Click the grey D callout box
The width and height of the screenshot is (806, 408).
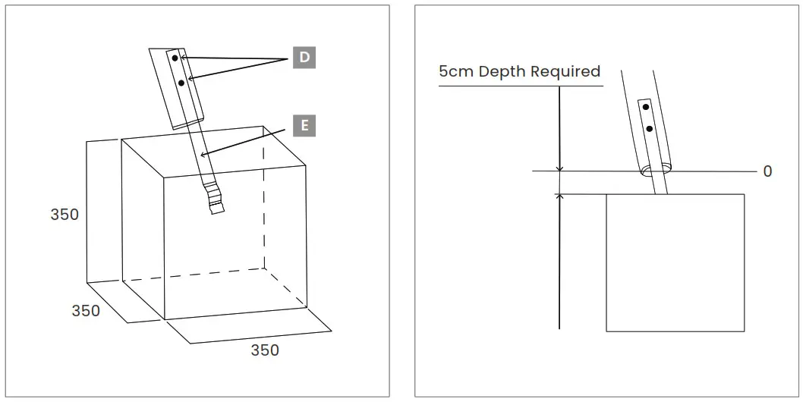(304, 58)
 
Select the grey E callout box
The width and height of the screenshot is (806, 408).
(304, 125)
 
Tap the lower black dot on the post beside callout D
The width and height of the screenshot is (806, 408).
(181, 82)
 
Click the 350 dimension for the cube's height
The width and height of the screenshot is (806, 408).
(65, 215)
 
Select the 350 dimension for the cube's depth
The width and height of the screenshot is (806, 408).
(86, 311)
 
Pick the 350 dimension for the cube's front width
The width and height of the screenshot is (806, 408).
(265, 350)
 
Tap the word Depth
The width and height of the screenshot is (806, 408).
(502, 71)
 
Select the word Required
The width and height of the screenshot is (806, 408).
(565, 71)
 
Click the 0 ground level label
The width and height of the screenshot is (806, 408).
(767, 171)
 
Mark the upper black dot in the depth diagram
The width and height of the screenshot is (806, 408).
(646, 108)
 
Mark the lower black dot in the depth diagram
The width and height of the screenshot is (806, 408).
(650, 129)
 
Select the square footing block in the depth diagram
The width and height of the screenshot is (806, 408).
(675, 262)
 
